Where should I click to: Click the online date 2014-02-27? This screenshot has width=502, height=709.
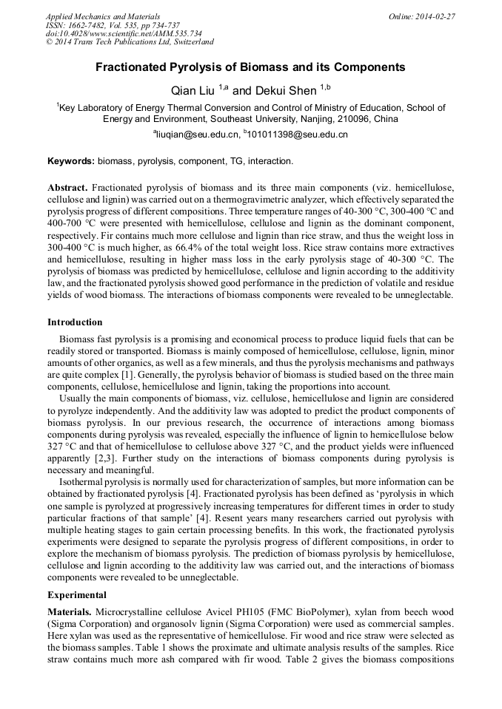click(437, 16)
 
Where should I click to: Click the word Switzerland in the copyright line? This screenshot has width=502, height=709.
click(189, 42)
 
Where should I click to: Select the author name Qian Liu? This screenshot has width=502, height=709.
click(191, 91)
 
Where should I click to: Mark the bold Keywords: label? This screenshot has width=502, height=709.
click(71, 160)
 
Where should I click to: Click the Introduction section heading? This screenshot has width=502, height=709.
click(75, 322)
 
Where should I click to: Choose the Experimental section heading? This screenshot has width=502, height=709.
click(77, 594)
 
